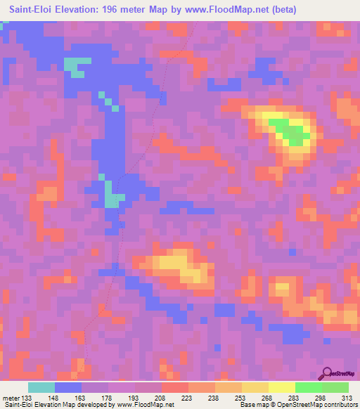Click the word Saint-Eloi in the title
(x=33, y=9)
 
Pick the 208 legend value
(x=161, y=397)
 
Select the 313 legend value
(x=347, y=397)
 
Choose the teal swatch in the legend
(x=41, y=387)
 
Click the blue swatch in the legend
(x=68, y=387)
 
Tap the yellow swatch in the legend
(x=281, y=387)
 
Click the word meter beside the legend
(x=11, y=397)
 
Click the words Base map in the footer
(x=252, y=405)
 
